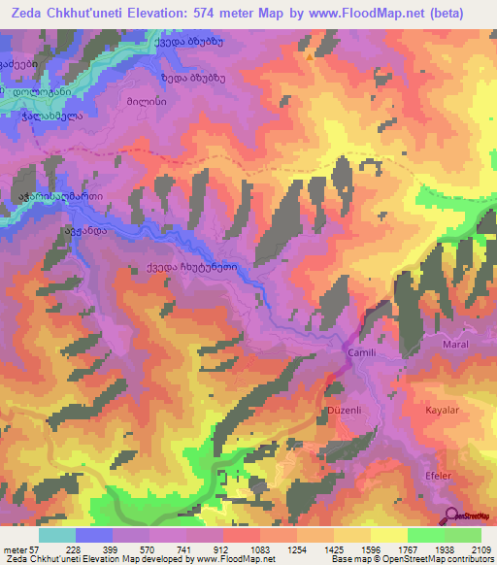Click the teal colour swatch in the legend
point(57,535)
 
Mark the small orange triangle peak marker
point(310,56)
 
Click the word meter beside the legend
point(17,549)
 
